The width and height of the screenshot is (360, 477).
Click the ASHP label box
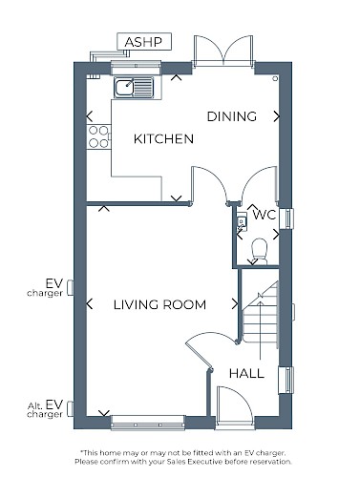pyautogui.click(x=144, y=42)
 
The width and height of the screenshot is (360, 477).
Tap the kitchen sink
pyautogui.click(x=134, y=87)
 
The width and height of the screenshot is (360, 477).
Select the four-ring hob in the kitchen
pyautogui.click(x=98, y=136)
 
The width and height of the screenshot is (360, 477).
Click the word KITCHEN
pyautogui.click(x=163, y=139)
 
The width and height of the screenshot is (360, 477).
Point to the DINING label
pyautogui.click(x=232, y=116)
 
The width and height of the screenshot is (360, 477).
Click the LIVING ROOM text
pyautogui.click(x=159, y=304)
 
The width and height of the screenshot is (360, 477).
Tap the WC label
pyautogui.click(x=265, y=215)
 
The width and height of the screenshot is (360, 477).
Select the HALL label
pyautogui.click(x=246, y=373)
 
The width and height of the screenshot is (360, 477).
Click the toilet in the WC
pyautogui.click(x=260, y=251)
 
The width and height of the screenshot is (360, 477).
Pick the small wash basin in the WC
pyautogui.click(x=242, y=221)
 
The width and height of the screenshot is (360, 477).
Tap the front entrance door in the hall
pyautogui.click(x=235, y=405)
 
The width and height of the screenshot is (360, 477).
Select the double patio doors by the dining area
pyautogui.click(x=223, y=51)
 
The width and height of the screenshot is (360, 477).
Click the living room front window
pyautogui.click(x=148, y=423)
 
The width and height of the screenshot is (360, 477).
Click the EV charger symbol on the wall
pyautogui.click(x=71, y=288)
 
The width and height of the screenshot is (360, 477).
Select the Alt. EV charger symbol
pyautogui.click(x=71, y=408)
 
